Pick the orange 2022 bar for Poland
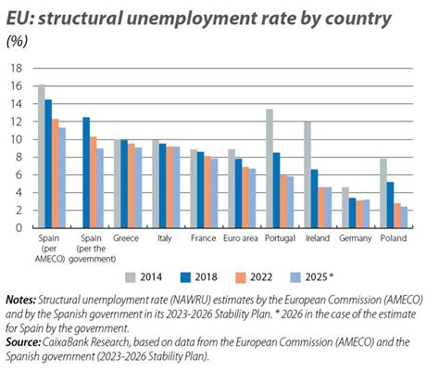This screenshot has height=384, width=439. [x=396, y=215]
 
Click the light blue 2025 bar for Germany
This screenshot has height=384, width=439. [x=366, y=213]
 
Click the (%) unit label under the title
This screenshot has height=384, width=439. [x=16, y=40]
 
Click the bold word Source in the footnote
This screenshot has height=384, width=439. [x=22, y=340]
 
